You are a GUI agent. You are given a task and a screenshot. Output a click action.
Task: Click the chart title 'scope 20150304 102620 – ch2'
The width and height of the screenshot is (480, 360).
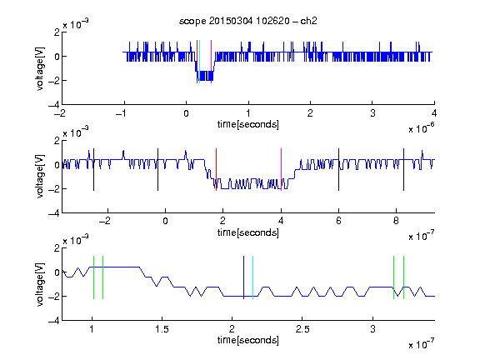[248, 21]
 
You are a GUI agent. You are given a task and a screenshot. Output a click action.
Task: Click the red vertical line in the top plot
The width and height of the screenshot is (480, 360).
[197, 62]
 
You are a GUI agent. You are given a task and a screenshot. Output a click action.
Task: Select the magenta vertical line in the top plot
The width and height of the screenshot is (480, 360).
[211, 62]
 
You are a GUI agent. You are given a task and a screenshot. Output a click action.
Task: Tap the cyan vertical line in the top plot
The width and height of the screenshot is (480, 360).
[200, 62]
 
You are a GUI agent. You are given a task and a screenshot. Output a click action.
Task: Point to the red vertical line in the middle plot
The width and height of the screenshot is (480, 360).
[216, 170]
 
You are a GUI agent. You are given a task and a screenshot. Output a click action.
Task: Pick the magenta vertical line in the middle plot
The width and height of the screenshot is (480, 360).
[281, 170]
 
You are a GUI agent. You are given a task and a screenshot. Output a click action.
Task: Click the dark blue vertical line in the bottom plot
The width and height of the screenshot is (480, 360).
[243, 277]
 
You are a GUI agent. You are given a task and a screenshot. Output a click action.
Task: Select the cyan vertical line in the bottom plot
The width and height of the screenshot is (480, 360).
[252, 277]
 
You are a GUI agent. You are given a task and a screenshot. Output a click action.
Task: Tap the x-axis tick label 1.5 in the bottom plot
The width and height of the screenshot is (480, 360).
[162, 329]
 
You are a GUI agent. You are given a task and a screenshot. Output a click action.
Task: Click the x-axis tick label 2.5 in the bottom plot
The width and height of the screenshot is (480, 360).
[302, 329]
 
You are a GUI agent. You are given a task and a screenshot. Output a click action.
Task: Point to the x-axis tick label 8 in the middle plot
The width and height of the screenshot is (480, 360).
[396, 221]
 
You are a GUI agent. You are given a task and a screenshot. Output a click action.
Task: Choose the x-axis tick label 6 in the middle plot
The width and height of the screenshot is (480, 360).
[338, 221]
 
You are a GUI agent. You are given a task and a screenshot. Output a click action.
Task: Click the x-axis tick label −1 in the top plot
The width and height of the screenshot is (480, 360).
[122, 113]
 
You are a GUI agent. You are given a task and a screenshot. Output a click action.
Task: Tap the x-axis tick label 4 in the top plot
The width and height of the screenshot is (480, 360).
[434, 113]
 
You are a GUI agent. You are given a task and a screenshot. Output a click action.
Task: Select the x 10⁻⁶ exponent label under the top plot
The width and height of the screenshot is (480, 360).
[422, 128]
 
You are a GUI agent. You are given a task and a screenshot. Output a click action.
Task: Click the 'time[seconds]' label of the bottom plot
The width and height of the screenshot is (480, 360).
[248, 340]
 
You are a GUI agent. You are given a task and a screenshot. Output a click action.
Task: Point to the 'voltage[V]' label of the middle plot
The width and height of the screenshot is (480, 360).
[40, 177]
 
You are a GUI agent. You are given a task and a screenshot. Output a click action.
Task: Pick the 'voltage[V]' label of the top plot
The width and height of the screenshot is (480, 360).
[40, 68]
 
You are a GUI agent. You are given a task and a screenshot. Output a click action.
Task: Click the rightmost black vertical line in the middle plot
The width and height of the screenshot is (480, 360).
[403, 170]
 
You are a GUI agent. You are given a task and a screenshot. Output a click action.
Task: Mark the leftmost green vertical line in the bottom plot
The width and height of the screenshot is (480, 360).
[93, 277]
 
